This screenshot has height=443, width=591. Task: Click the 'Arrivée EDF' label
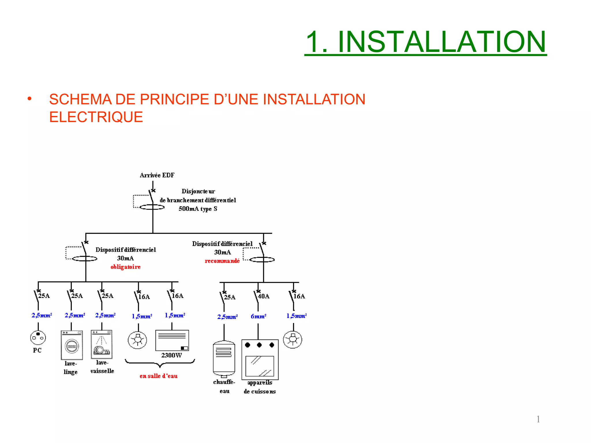[157, 175]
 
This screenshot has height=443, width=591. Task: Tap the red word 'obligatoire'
[126, 267]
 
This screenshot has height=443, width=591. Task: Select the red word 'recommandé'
[222, 261]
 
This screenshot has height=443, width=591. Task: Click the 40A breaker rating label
[263, 296]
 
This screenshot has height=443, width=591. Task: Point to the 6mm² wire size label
[258, 316]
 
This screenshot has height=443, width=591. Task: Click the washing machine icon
[72, 345]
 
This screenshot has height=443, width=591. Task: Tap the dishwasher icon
[102, 344]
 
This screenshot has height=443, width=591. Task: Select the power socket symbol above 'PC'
[38, 337]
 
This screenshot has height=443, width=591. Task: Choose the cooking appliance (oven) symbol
[260, 360]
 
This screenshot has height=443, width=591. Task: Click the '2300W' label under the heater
[171, 355]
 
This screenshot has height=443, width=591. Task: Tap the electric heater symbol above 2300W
[172, 340]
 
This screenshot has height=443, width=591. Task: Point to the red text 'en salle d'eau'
[158, 376]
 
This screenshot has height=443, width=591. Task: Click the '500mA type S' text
[198, 209]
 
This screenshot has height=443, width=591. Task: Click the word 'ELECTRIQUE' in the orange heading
[96, 117]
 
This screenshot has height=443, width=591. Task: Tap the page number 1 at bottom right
[538, 419]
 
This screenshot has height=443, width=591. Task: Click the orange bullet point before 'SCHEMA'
[29, 99]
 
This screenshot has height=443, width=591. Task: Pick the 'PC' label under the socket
[37, 350]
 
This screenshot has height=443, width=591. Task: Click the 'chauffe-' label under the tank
[224, 382]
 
